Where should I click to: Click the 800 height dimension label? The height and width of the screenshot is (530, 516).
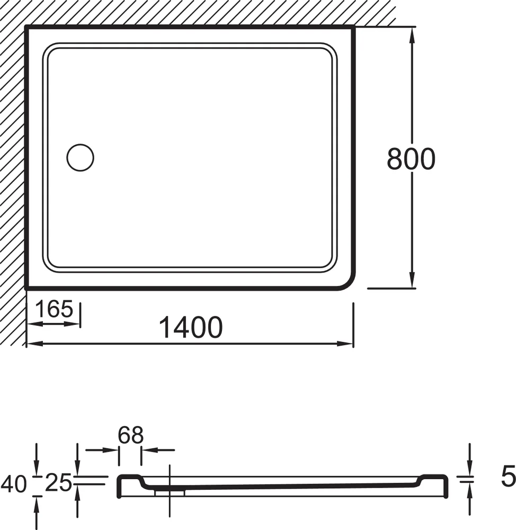click(411, 159)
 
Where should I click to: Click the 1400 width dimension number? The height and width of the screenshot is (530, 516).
click(191, 327)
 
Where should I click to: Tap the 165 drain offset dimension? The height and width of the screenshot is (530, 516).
click(54, 309)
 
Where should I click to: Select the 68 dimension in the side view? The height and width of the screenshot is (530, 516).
click(130, 435)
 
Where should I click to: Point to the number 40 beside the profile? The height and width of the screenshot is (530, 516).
click(14, 483)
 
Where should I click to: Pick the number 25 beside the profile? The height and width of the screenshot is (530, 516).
click(58, 482)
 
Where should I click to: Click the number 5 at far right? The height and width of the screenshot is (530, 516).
click(508, 476)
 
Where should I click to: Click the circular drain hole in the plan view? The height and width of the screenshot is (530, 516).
click(80, 157)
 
